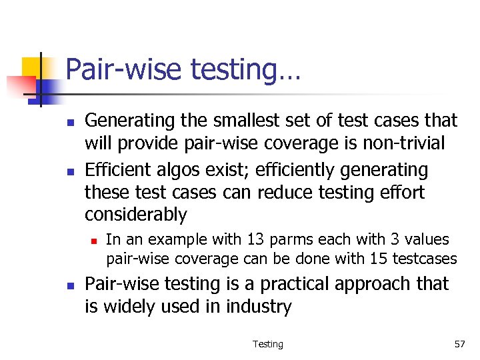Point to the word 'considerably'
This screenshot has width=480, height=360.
point(136,215)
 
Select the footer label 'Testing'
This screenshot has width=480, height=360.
point(267,344)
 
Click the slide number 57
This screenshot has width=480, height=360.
point(459,344)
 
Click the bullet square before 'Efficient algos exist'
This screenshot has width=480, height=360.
point(69,171)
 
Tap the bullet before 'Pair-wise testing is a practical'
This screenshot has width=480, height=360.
point(69,285)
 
